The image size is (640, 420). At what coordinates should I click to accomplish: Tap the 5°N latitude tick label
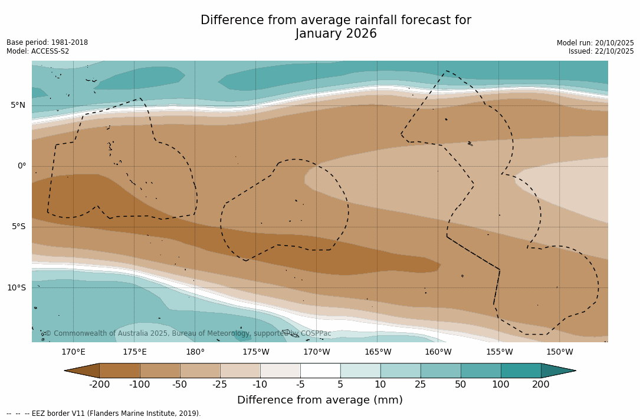[x=18, y=105]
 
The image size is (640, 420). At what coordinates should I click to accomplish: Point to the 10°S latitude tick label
[x=16, y=288]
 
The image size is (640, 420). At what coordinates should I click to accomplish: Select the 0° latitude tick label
[x=21, y=166]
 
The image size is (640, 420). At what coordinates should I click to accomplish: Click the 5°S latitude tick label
[x=18, y=227]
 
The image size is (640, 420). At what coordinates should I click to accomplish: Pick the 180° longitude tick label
[x=195, y=352]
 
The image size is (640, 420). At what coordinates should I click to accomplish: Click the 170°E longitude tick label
[x=73, y=352]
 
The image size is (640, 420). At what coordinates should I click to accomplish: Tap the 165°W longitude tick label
[x=378, y=352]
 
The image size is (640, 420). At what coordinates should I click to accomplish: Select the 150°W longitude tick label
[x=559, y=352]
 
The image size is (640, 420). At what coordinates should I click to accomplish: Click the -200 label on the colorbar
[x=99, y=385]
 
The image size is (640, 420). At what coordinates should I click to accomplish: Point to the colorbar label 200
[x=541, y=385]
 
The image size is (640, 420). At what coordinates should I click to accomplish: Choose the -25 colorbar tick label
[x=220, y=385]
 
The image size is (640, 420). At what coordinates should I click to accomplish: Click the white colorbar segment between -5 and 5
[x=320, y=371]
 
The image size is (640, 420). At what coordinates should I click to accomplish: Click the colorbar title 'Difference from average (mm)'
[x=320, y=401]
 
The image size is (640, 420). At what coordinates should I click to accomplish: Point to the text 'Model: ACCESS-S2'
[x=38, y=51]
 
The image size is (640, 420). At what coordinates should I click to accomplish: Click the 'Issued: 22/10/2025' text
[x=601, y=51]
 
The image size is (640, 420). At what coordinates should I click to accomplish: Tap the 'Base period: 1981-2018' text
[x=47, y=42]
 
